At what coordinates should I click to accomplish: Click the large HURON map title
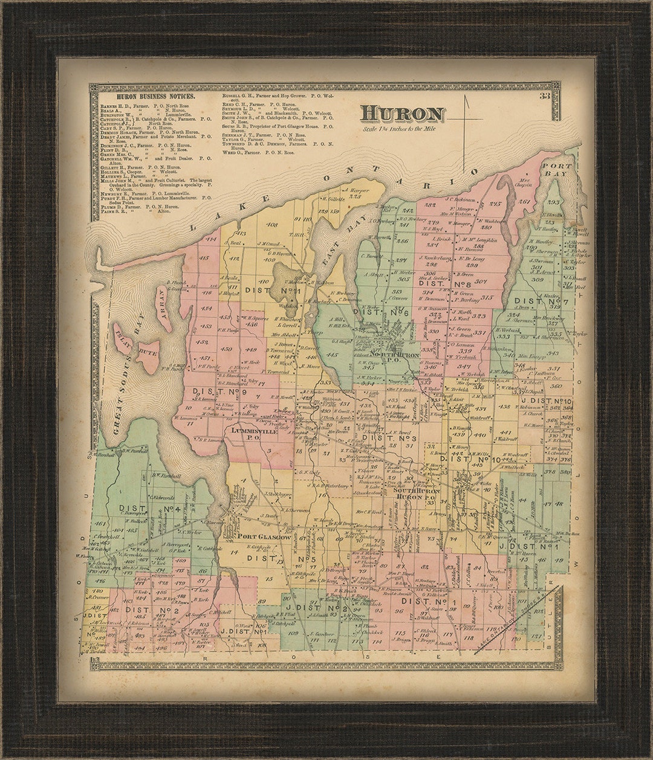[403, 114]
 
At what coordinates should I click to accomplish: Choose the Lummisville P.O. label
[253, 434]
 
